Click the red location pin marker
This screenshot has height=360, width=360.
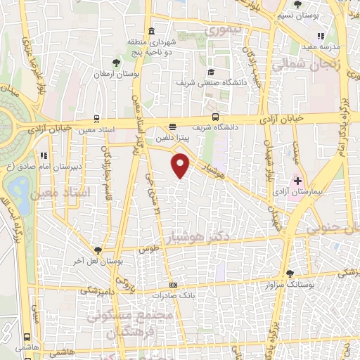(x=181, y=166)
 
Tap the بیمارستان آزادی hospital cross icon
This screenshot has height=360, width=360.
(x=297, y=181)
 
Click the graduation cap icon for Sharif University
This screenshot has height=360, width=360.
(x=210, y=72)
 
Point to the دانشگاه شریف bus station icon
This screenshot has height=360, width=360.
(x=214, y=118)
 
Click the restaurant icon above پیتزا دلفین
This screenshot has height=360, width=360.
(x=172, y=127)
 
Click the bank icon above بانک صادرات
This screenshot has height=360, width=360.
(x=174, y=284)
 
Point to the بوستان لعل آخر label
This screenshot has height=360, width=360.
(x=98, y=261)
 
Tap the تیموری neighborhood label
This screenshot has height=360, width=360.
(x=222, y=31)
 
